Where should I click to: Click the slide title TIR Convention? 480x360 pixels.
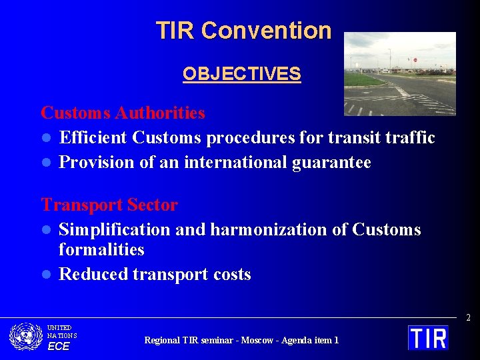(243, 31)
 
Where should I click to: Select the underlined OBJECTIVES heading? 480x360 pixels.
(241, 74)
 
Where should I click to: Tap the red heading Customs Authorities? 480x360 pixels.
(123, 113)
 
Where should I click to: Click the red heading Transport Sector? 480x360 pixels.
(109, 205)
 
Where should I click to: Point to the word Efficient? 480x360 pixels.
(93, 138)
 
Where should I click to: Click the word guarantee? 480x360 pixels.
(332, 163)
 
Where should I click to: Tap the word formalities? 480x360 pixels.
(101, 250)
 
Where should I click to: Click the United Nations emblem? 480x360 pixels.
(26, 337)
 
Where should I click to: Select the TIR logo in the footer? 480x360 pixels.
(428, 337)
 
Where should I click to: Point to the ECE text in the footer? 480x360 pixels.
(58, 346)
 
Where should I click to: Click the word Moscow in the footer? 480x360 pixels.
(255, 340)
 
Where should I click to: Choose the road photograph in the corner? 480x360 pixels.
(399, 73)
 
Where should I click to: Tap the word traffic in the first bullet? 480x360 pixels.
(409, 138)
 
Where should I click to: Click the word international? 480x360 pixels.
(237, 163)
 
